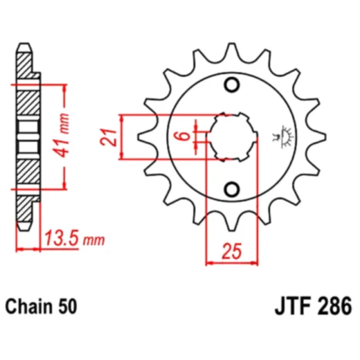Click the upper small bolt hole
[233, 85]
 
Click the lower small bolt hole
[233, 188]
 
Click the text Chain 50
[41, 305]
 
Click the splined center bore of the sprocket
[233, 136]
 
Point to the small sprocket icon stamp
[284, 136]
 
